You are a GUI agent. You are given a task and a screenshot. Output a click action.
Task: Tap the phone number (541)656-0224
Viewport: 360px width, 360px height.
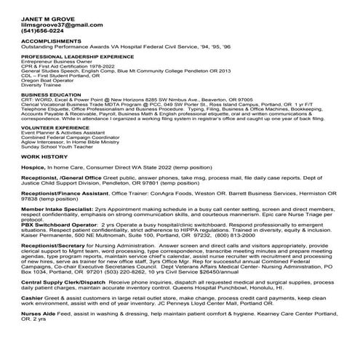[x=42, y=31]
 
